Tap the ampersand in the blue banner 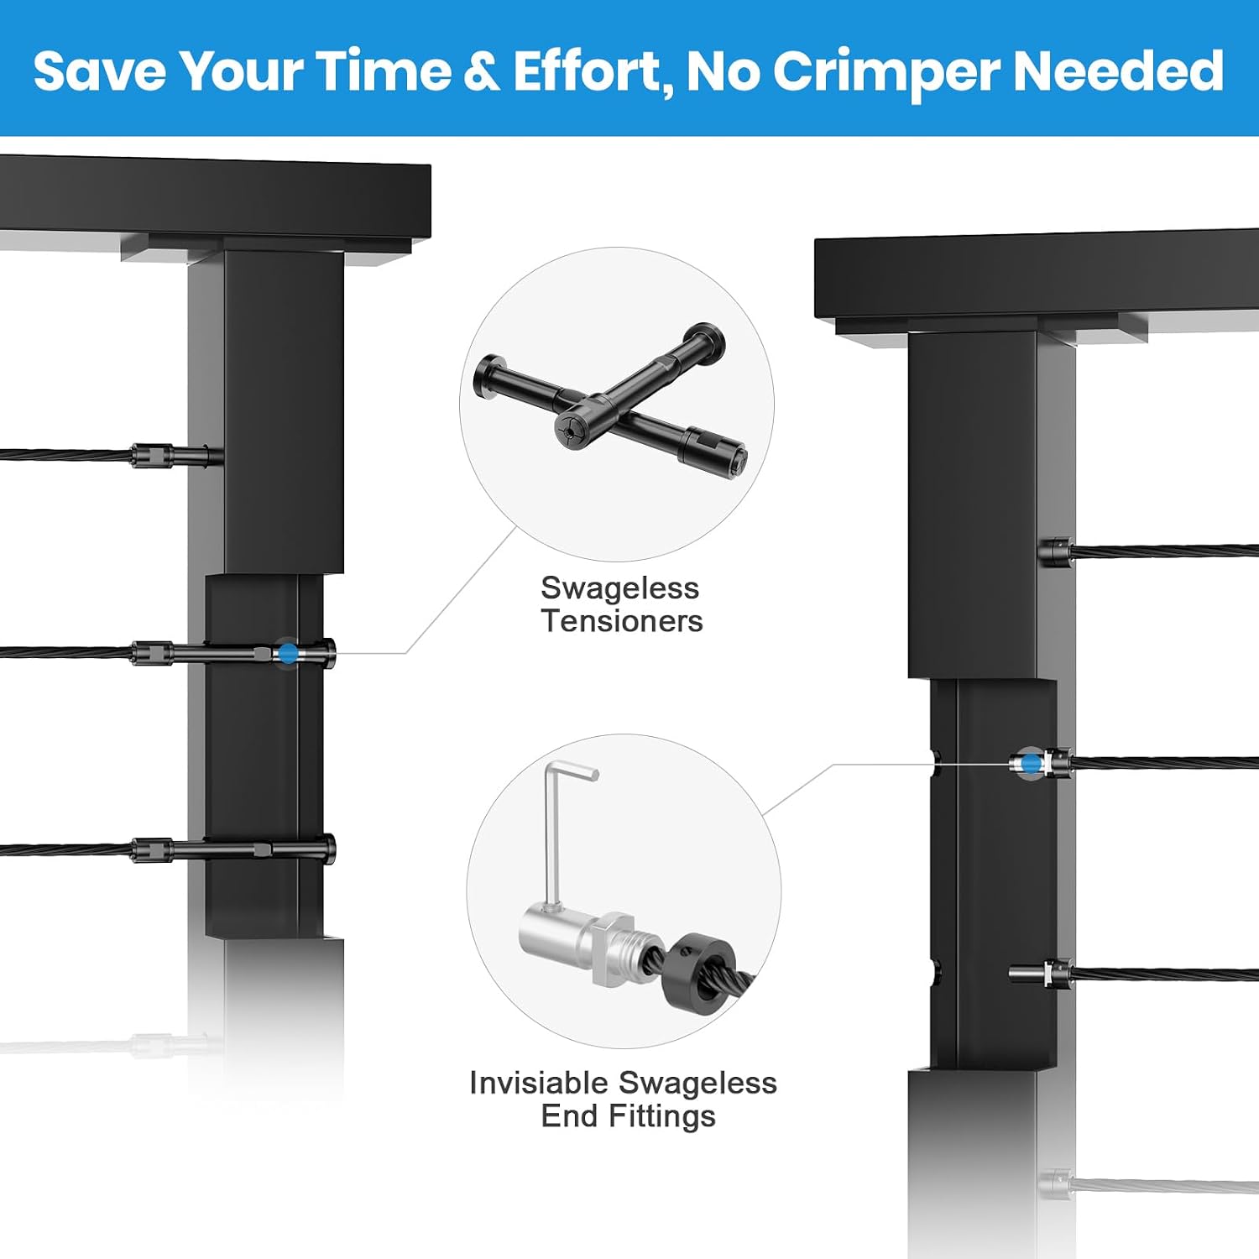click(482, 71)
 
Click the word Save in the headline click(100, 71)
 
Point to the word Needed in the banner click(1119, 71)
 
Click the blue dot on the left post click(288, 653)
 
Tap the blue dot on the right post click(1031, 764)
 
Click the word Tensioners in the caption click(622, 621)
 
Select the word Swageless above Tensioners click(619, 588)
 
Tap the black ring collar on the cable click(702, 969)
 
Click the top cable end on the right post click(1055, 551)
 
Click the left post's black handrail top click(215, 198)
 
